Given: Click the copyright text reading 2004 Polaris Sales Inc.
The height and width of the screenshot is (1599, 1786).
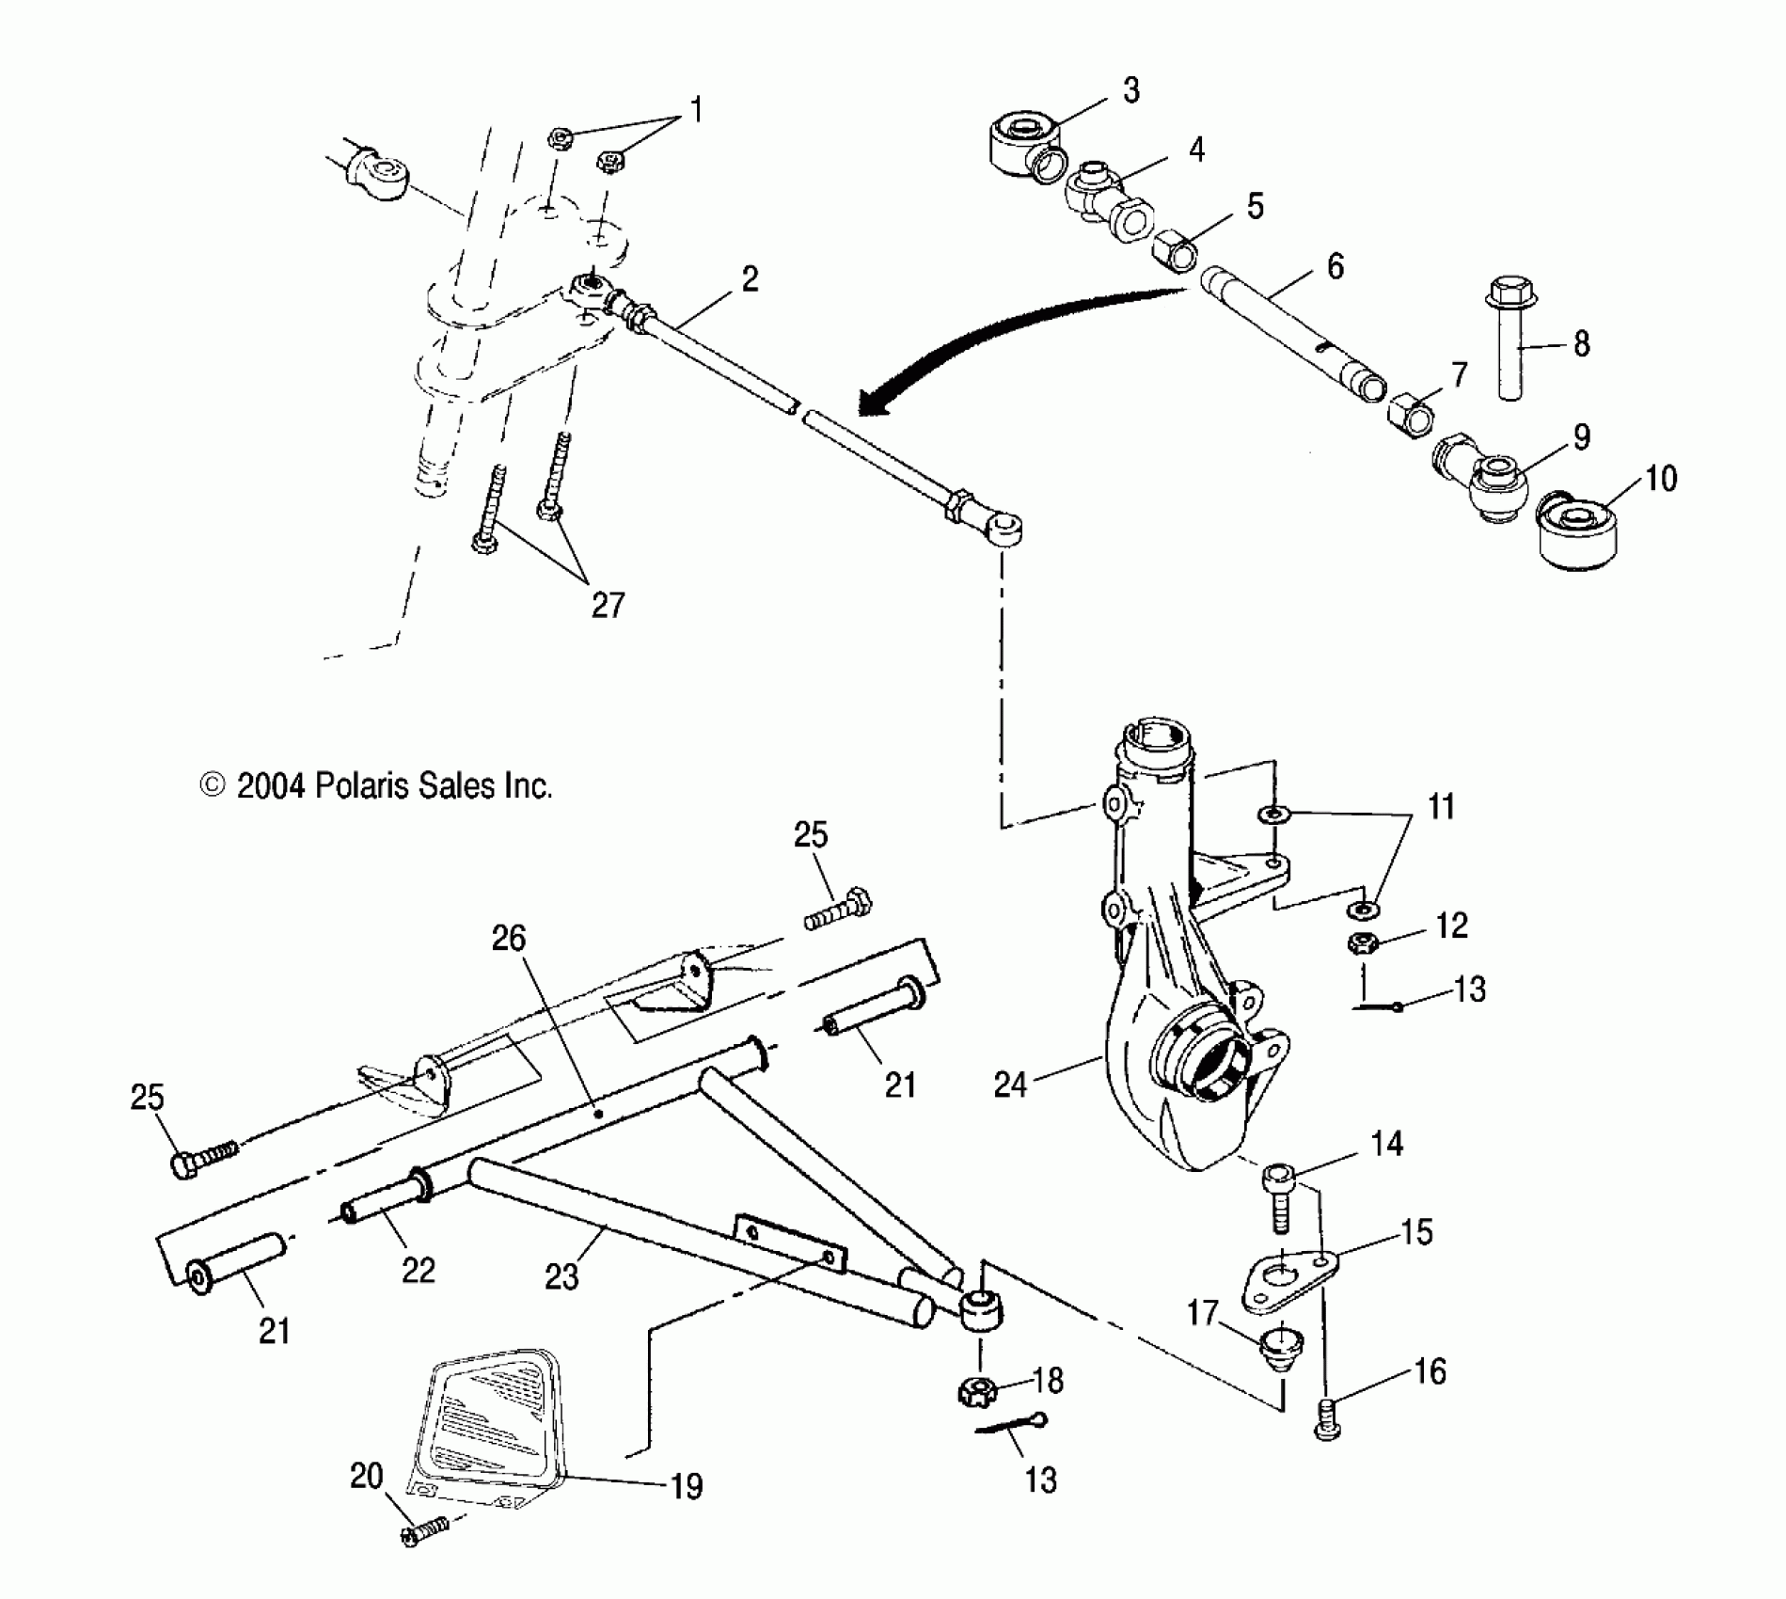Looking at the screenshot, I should [376, 785].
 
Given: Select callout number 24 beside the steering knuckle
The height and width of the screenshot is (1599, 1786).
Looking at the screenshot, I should [1010, 1084].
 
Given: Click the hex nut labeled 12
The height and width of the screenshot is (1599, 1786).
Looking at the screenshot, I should [1362, 942].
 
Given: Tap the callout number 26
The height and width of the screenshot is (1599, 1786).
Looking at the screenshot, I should [509, 938].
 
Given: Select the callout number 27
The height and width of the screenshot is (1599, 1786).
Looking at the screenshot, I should [608, 604].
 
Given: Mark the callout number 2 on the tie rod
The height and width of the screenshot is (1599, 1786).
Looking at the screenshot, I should [749, 279].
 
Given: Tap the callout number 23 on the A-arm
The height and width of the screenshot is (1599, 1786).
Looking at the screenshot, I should [561, 1276].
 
